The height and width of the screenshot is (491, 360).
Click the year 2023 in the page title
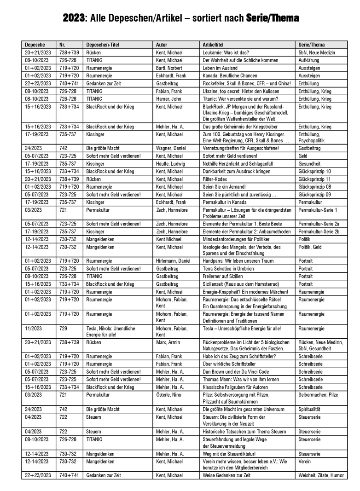[74, 18]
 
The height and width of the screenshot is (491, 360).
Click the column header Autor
[162, 45]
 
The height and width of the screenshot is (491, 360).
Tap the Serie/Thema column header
[311, 45]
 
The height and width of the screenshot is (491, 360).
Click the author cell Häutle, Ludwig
[170, 164]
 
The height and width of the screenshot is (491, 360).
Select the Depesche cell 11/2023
[33, 329]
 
